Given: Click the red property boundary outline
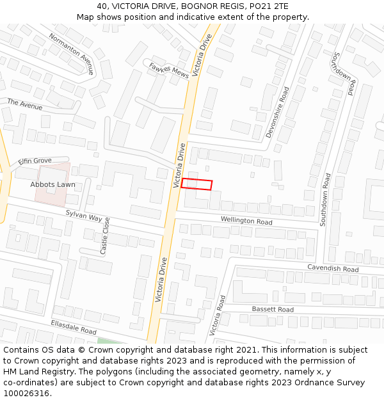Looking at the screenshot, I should coord(196,184).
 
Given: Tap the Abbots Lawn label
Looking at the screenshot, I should coord(52,184).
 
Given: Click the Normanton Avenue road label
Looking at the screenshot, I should coord(72,54).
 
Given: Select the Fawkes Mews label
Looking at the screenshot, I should coord(169,70).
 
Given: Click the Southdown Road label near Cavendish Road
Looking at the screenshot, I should coord(324,199).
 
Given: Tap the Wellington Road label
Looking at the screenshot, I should coord(246,221).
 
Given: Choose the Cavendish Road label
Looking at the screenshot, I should coord(333,269).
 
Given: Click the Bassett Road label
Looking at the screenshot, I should coord(273,309).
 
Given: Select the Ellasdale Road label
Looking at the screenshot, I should coord(74,328).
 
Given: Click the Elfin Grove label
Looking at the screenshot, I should coord(35,160).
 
